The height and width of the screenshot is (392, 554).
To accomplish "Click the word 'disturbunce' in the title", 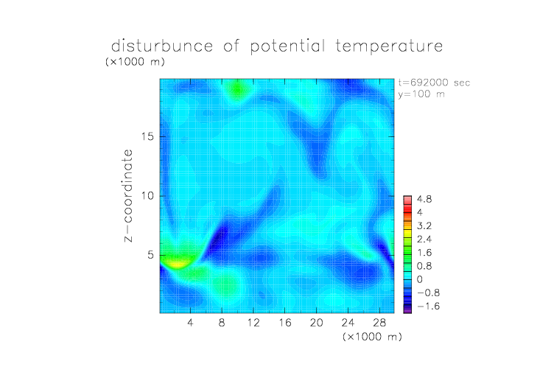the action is coord(162,46).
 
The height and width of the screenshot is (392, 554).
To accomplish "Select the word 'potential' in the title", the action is coord(287,46).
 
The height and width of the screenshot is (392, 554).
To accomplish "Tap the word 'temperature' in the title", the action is coord(389,46).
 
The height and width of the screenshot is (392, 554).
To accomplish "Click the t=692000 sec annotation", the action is coord(434,83).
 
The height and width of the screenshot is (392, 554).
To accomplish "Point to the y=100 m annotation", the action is coord(421,94).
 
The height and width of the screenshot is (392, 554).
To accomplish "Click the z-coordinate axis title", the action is coord(128,196).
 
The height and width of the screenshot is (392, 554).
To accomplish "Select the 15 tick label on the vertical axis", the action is coord(147,136).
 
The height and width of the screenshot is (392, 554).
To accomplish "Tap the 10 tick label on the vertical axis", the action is coord(147,196).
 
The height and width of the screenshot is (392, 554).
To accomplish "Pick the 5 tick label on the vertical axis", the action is coord(151,255).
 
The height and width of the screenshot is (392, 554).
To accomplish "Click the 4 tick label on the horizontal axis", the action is coord(190,322).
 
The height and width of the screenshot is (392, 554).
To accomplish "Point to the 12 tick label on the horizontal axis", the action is coord(253,322).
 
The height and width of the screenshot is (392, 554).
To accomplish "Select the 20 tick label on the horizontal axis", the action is coord(317,322).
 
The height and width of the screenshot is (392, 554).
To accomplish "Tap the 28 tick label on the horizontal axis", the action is coord(379,322).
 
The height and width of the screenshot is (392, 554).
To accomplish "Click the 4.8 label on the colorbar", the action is coord(424,200).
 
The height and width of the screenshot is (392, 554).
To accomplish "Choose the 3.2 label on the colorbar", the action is coord(424,226).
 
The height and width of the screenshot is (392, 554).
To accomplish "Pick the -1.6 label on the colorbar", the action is coord(428,306).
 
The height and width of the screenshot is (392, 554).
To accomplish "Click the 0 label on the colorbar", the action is coord(420,279).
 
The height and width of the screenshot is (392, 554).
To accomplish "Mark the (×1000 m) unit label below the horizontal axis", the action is coord(372,337).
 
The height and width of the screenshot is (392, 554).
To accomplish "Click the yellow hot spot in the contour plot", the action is coord(177,263).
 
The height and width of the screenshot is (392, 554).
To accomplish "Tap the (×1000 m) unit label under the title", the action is coord(135,62).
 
